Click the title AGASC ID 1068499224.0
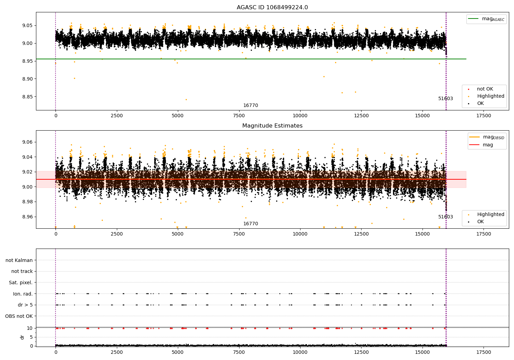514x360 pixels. tap(272, 8)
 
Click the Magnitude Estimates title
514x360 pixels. tap(272, 126)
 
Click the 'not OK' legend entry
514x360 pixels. tap(485, 89)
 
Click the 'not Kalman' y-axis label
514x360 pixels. tap(19, 260)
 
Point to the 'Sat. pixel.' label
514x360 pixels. tap(21, 283)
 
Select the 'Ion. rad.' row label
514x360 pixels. tap(23, 294)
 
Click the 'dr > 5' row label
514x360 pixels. tap(25, 305)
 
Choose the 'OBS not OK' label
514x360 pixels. tap(19, 316)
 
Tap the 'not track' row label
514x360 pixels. tap(22, 271)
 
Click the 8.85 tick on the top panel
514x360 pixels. tap(27, 97)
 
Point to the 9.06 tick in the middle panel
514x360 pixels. tap(27, 142)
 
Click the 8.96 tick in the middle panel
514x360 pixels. tap(27, 217)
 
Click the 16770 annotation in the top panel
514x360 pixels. tap(250, 106)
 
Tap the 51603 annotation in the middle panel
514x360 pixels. tap(445, 217)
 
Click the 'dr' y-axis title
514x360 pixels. tap(22, 337)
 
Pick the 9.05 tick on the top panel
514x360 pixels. tap(27, 25)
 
